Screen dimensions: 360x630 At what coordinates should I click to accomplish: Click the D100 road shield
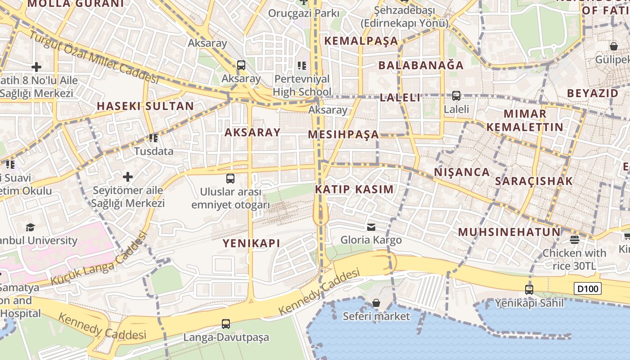point(588,288)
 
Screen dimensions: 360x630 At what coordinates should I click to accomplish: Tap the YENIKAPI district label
point(252,243)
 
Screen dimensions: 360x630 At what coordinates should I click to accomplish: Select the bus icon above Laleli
point(456,96)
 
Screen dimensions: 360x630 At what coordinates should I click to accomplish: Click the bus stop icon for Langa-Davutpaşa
point(226,324)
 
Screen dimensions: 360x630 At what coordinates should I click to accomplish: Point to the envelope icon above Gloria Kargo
point(371,227)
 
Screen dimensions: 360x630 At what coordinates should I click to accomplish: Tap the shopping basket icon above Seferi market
point(376,303)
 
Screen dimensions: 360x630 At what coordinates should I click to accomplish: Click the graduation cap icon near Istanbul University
point(30,227)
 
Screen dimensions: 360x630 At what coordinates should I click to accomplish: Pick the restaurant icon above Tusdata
point(153,138)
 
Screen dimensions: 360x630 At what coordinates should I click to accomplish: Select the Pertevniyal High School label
point(301,85)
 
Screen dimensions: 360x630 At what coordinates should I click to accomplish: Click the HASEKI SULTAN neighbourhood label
point(145,107)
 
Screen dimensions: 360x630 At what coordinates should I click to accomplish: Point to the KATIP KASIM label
point(354,189)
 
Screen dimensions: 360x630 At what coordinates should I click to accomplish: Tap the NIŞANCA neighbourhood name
point(462,172)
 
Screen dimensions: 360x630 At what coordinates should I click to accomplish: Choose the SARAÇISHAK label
point(534,181)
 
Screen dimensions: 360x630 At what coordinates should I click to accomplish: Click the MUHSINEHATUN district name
point(509,233)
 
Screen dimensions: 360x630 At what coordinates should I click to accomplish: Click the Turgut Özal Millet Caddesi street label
point(94,57)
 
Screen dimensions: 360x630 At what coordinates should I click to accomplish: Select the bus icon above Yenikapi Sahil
point(529,289)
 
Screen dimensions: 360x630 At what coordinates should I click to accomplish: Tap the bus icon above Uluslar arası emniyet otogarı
point(230,179)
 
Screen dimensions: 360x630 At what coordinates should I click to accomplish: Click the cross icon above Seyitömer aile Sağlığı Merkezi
point(128,176)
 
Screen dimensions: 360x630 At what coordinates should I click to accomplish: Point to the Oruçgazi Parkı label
point(304,13)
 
